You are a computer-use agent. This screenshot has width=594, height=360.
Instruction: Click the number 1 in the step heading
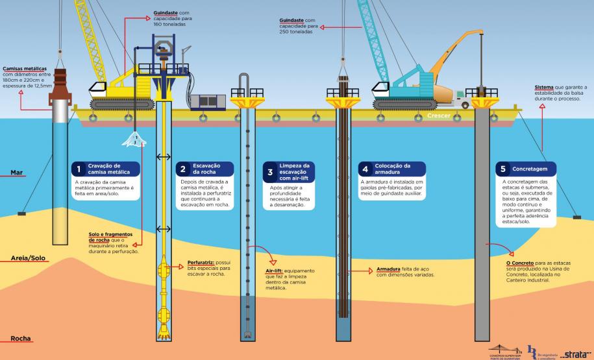[x=79, y=170]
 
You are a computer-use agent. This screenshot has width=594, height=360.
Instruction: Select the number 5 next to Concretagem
[x=502, y=169]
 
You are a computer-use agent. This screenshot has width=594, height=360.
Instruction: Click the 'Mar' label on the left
[x=17, y=173]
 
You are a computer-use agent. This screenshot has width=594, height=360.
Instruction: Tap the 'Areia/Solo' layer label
[x=28, y=258]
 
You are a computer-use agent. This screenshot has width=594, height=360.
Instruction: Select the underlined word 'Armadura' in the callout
[x=390, y=268]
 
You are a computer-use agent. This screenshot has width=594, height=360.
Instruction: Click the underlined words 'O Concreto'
[x=521, y=263]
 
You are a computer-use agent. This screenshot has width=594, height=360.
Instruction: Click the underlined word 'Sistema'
[x=544, y=87]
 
